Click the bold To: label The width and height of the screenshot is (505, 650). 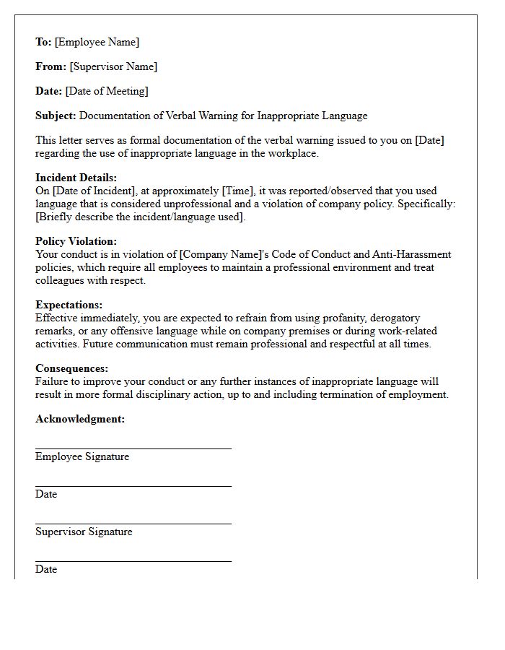click(43, 42)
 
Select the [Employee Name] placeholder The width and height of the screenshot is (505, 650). click(97, 42)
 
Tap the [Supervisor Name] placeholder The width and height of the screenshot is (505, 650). click(113, 66)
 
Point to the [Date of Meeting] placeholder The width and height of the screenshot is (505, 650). click(107, 91)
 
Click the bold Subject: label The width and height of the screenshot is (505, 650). click(56, 116)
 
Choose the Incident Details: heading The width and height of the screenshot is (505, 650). click(76, 178)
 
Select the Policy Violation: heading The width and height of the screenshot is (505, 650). click(76, 241)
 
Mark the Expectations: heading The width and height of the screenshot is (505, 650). click(69, 305)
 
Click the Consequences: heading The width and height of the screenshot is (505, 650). click(71, 368)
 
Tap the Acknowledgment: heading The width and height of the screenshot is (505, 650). click(80, 419)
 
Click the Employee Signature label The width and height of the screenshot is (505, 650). click(82, 456)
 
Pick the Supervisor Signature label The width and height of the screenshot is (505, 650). click(84, 532)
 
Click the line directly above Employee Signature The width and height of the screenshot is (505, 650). click(133, 448)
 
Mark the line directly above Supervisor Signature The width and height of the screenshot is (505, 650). click(133, 524)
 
